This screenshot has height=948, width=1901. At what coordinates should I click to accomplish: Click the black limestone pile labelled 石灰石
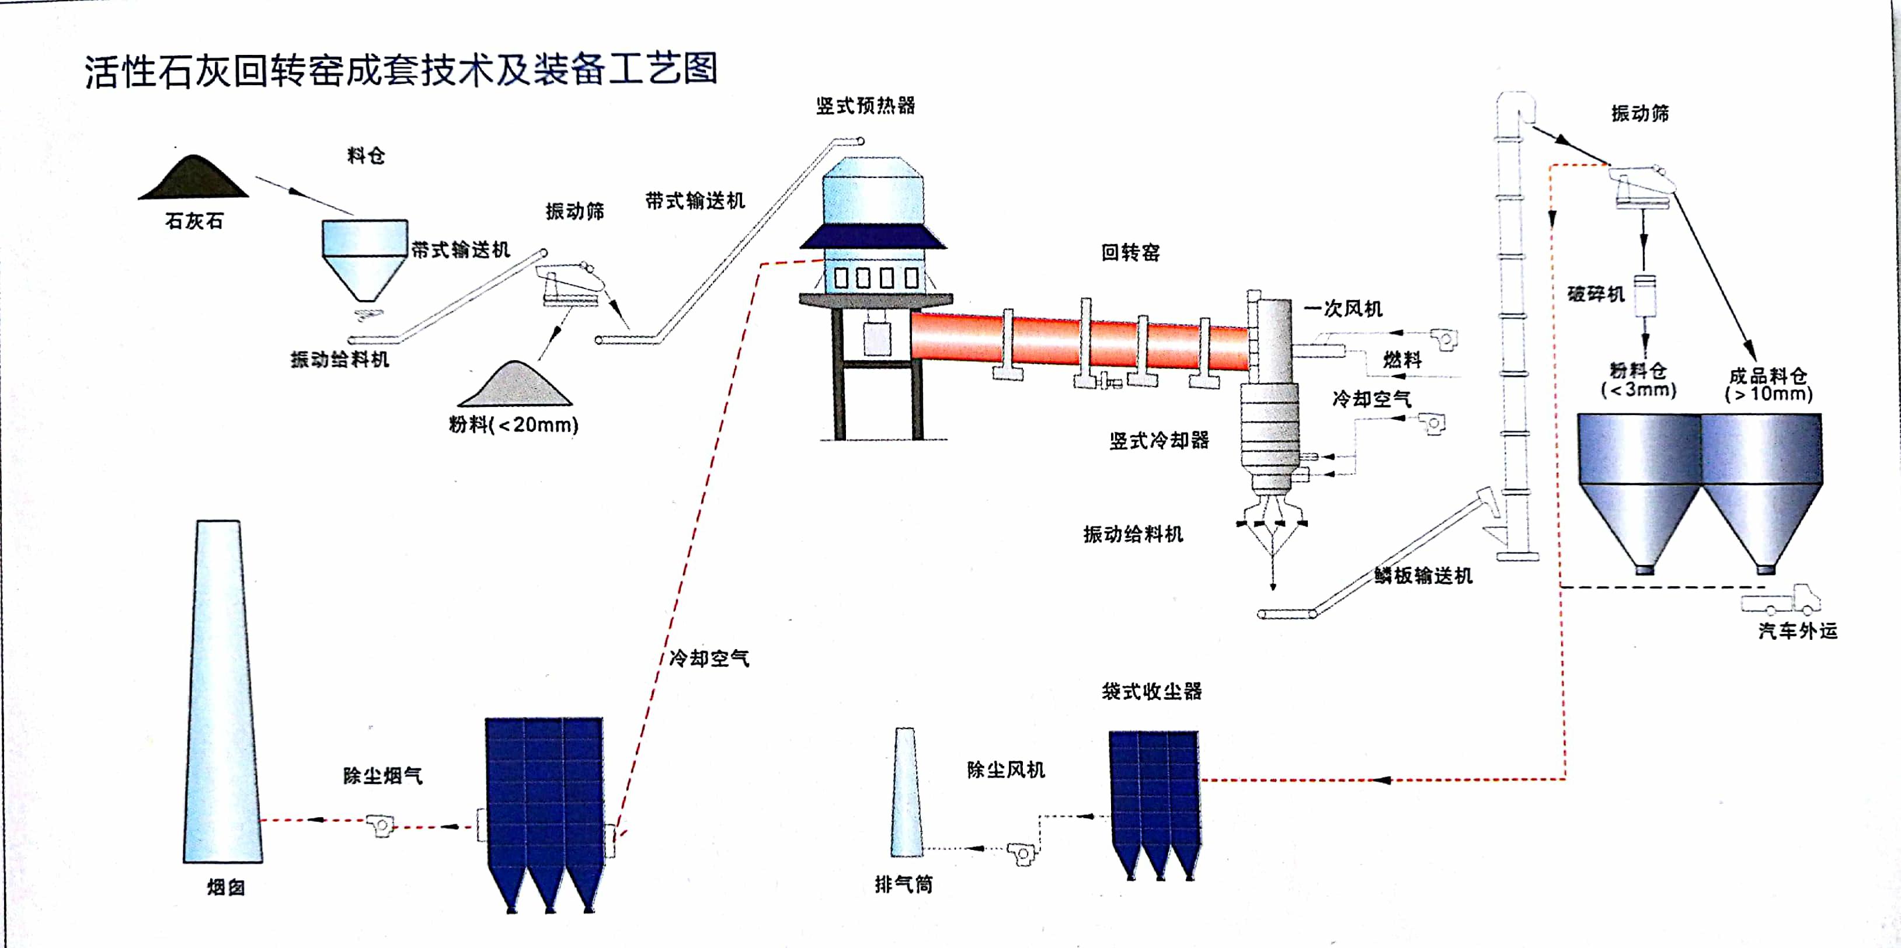193,180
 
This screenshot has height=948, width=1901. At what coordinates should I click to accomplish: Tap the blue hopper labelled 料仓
364,255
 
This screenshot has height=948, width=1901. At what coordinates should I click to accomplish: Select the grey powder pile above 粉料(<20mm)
515,386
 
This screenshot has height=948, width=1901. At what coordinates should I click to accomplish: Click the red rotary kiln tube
1077,341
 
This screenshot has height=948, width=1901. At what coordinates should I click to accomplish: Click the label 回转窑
1130,252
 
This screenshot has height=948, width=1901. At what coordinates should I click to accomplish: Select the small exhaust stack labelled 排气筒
906,793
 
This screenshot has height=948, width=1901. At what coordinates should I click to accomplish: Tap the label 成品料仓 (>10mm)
1768,384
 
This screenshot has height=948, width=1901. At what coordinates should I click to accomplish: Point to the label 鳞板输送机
1423,576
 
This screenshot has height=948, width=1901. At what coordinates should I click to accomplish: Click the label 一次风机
1342,308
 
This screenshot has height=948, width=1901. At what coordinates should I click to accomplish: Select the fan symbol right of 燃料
1444,339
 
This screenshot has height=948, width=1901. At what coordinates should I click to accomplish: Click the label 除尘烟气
382,775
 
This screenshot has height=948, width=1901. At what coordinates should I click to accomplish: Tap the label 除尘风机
1005,769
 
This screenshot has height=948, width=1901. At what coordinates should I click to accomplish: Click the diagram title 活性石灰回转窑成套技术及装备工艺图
401,71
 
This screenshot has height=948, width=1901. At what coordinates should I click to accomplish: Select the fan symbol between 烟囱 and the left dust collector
380,824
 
